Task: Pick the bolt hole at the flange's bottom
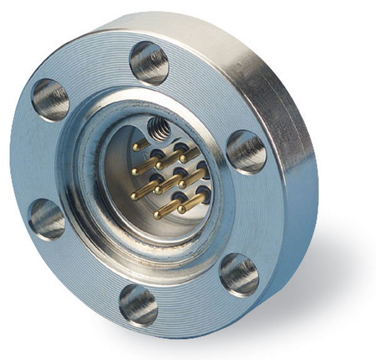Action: [138, 304]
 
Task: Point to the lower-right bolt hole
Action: [239, 273]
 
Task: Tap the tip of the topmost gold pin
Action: [135, 148]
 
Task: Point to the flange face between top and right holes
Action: [207, 94]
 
